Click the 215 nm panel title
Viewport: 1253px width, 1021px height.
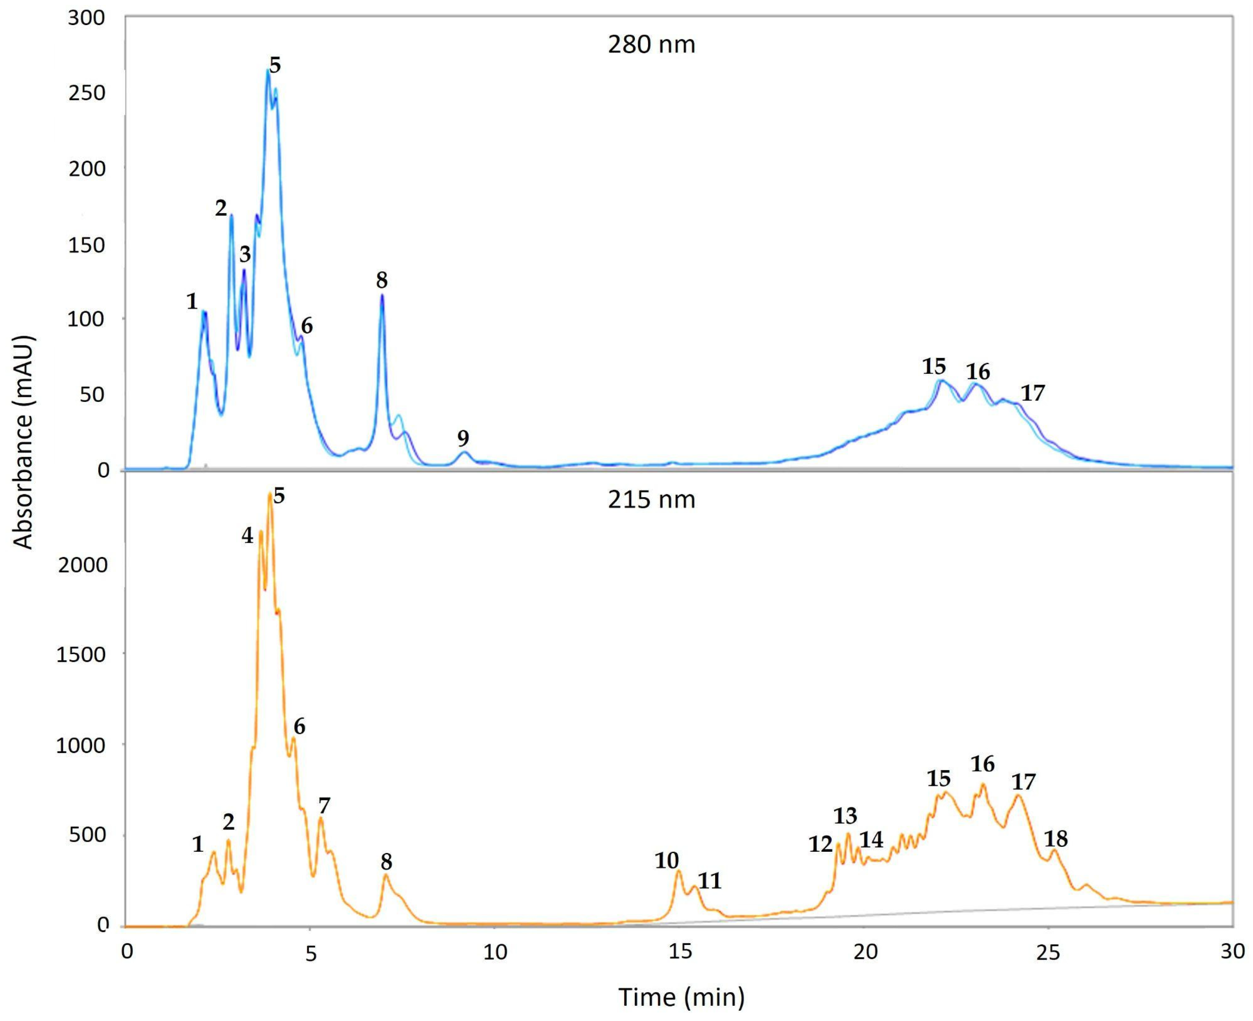(651, 500)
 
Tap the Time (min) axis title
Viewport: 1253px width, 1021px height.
(681, 996)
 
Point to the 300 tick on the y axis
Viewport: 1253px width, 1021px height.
(86, 18)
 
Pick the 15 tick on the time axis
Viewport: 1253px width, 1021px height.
(680, 952)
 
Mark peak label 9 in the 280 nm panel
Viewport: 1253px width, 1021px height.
(463, 438)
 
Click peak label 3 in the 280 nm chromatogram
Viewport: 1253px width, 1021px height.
(245, 255)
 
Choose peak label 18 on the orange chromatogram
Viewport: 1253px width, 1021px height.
(1055, 838)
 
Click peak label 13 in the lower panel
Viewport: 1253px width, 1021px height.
(845, 816)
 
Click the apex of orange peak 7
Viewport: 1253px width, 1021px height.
(321, 819)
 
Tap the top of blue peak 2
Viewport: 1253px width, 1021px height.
(231, 215)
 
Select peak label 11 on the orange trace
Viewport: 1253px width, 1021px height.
(709, 880)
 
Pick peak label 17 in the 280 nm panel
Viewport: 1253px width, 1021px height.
(1032, 393)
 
